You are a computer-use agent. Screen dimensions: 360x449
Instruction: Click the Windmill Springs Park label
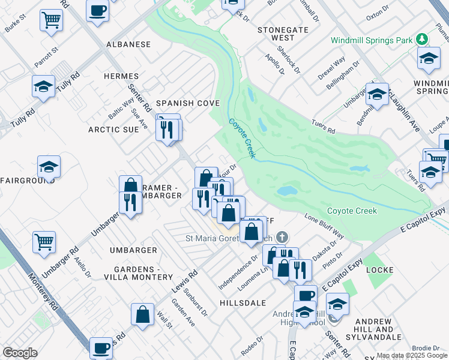pyautogui.click(x=372, y=40)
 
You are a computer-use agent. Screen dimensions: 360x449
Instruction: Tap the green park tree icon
pyautogui.click(x=423, y=40)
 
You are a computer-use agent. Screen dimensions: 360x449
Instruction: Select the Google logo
pyautogui.click(x=20, y=353)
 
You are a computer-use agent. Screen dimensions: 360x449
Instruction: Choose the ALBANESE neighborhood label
pyautogui.click(x=128, y=44)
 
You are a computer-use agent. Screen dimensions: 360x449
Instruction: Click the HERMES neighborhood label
pyautogui.click(x=121, y=76)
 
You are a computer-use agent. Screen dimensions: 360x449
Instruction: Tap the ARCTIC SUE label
pyautogui.click(x=113, y=129)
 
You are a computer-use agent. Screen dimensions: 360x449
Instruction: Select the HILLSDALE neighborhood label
pyautogui.click(x=243, y=303)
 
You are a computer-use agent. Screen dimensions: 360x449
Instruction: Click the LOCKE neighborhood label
pyautogui.click(x=379, y=270)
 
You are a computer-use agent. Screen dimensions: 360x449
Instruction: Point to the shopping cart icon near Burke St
pyautogui.click(x=51, y=20)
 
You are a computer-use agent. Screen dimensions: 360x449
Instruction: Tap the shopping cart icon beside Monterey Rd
pyautogui.click(x=44, y=242)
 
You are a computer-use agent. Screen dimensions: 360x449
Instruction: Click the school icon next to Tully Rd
pyautogui.click(x=43, y=86)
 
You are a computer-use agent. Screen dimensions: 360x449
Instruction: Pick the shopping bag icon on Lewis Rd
pyautogui.click(x=142, y=314)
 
